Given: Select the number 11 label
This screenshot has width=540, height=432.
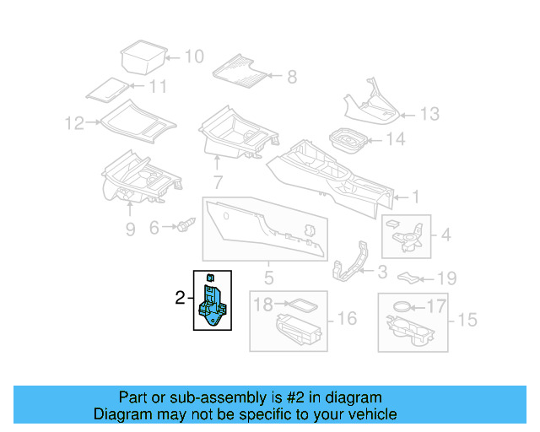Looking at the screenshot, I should (158, 87).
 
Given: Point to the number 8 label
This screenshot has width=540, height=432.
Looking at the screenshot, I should (291, 77).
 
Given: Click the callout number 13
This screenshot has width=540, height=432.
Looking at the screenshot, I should (429, 113).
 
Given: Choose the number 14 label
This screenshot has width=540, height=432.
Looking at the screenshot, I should (395, 139).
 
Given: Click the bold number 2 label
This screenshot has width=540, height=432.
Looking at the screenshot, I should (179, 298).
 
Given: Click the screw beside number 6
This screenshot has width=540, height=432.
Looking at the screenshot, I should (186, 226).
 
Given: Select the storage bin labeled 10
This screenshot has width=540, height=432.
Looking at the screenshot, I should (141, 57).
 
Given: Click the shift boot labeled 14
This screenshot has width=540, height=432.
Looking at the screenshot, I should (347, 140).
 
